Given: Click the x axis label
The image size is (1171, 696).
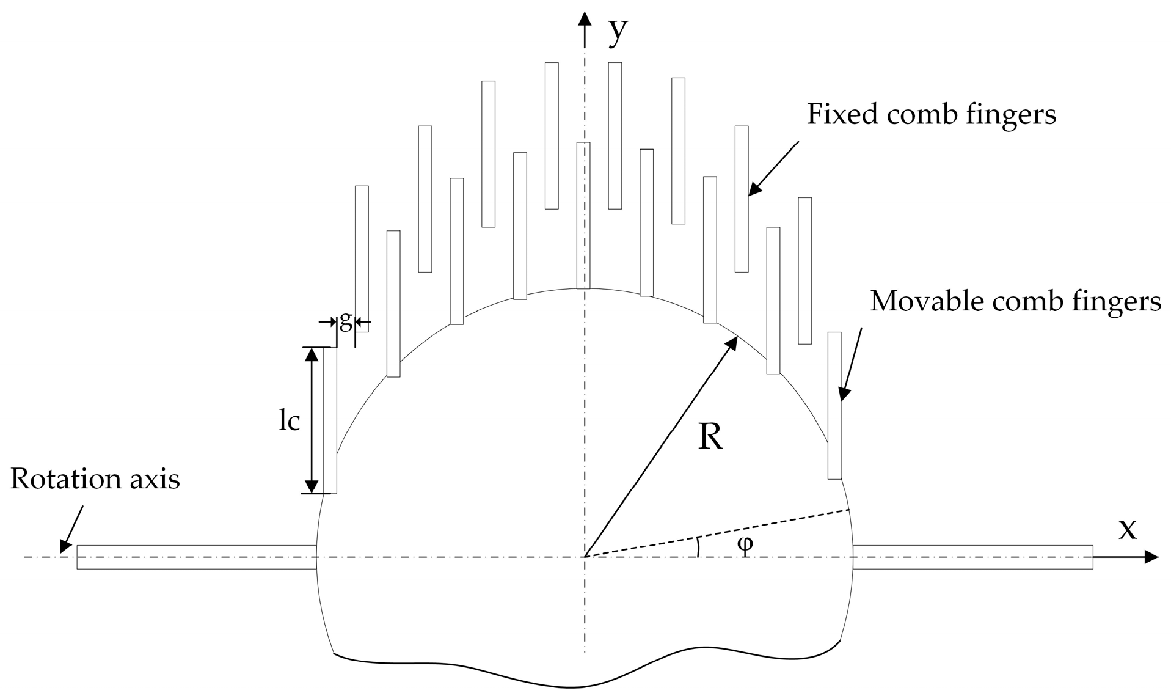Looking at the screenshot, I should tap(1128, 529).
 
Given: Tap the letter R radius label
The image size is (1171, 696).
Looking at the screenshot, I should tap(710, 438).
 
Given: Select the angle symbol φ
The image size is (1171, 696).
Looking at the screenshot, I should tap(745, 543).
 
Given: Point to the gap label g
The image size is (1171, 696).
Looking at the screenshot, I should tap(346, 321).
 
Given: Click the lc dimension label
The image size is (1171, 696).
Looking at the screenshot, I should tap(290, 421).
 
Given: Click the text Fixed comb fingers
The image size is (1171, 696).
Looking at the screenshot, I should tap(931, 114).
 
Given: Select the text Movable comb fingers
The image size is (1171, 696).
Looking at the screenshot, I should tap(1015, 301).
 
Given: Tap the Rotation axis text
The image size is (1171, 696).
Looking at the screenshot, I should tap(95, 480).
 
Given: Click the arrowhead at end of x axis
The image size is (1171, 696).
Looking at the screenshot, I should tap(1151, 557).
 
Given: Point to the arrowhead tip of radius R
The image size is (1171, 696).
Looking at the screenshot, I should tap(735, 339).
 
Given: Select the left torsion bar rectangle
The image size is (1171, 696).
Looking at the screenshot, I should tap(196, 557).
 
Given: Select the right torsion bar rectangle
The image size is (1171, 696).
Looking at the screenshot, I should tap(972, 557).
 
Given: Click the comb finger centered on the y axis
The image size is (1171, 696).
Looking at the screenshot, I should tap(583, 215).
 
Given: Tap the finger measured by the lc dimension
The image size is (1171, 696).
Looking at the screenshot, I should tap(330, 420).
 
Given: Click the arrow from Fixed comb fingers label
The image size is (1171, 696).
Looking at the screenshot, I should tap(773, 169).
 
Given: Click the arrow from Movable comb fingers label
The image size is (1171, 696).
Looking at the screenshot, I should tap(851, 364).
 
